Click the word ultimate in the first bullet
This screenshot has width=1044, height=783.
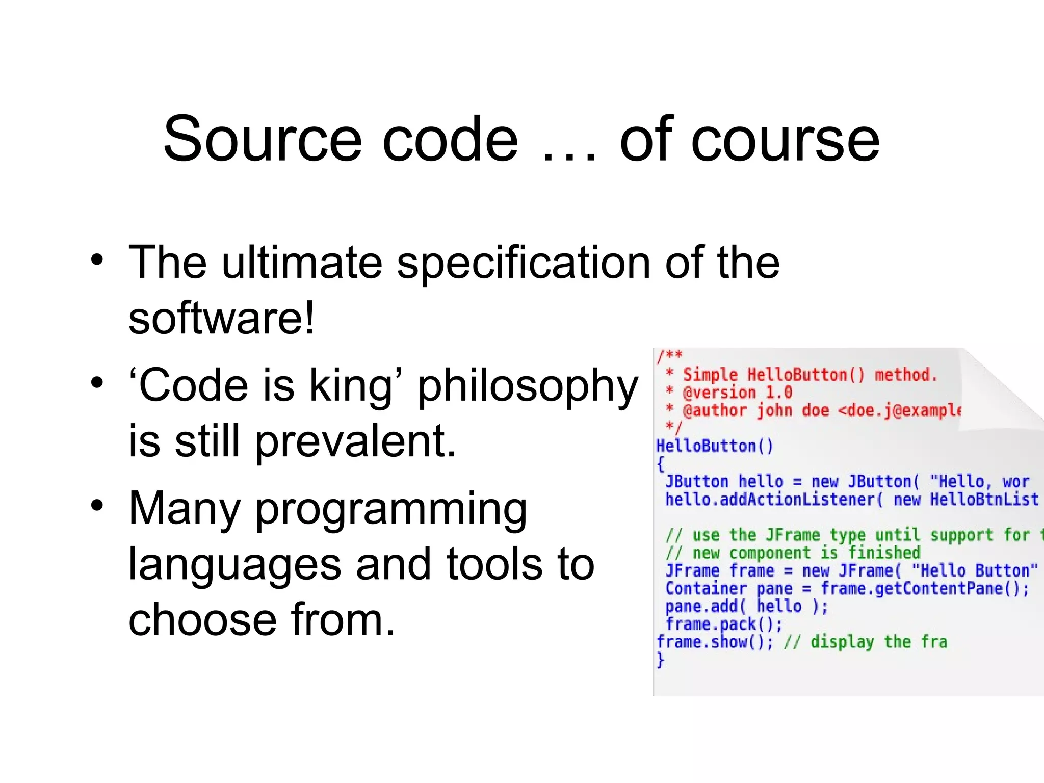point(302,263)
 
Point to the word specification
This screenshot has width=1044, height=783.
point(524,264)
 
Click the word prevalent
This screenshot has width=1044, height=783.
point(355,441)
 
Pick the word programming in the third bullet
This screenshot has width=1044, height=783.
point(391,510)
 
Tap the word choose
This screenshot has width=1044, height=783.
point(202,619)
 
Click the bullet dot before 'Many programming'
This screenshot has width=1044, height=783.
point(97,505)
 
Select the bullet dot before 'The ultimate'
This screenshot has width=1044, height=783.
point(97,259)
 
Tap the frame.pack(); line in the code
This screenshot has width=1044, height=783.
point(724,624)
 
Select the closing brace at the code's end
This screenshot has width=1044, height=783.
point(661,660)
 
